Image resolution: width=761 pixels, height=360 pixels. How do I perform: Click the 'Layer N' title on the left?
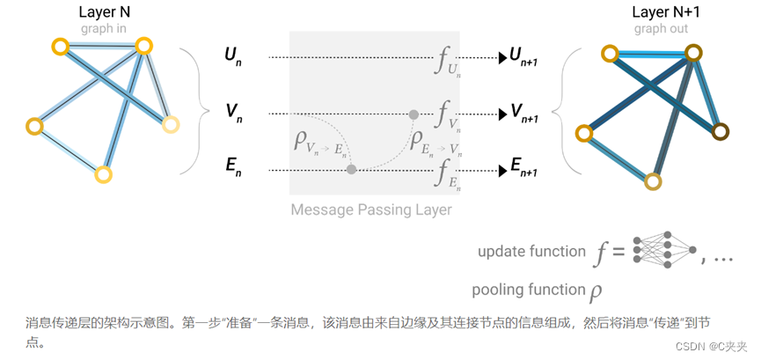(x=104, y=12)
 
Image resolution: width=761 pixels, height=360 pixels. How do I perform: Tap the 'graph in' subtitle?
(x=104, y=28)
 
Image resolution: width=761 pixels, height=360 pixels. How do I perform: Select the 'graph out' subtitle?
(x=661, y=28)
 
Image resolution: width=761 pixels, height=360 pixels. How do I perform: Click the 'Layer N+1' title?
(x=662, y=12)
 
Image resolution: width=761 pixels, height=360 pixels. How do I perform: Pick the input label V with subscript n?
(x=232, y=113)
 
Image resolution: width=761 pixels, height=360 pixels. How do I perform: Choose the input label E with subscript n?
(x=232, y=168)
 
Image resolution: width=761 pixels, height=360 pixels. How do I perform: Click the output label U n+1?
(x=529, y=57)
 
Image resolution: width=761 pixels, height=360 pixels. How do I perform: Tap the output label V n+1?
(x=529, y=113)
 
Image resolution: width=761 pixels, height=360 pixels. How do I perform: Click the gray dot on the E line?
(x=351, y=168)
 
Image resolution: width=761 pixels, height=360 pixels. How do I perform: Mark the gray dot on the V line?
(x=413, y=114)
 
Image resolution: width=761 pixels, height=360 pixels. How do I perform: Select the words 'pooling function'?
(x=527, y=290)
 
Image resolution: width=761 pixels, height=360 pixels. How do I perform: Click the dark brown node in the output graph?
(x=721, y=132)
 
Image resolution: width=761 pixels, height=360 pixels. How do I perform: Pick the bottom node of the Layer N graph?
(x=103, y=174)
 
